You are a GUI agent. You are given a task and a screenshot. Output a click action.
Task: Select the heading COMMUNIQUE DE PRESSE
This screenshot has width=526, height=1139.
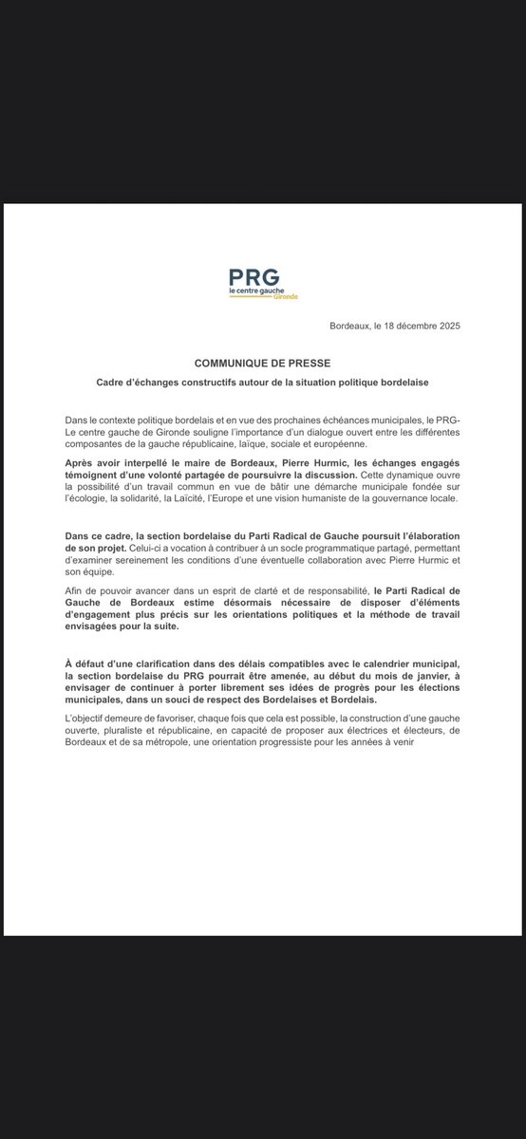[x=262, y=363]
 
